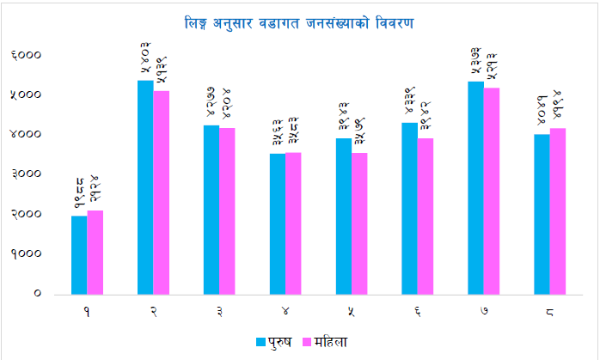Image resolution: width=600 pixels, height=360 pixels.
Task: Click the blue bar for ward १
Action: coord(79,254)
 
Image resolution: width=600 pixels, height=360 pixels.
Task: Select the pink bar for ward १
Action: coord(95,252)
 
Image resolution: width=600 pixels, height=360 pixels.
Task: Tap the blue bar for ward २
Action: coord(145,186)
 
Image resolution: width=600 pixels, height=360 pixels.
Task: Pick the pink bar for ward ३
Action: coord(227,211)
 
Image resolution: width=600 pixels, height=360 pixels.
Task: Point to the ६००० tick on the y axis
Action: coord(27,55)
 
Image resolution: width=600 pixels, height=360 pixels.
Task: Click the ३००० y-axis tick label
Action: coord(27,174)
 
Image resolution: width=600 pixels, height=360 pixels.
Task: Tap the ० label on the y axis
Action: coord(37,294)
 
